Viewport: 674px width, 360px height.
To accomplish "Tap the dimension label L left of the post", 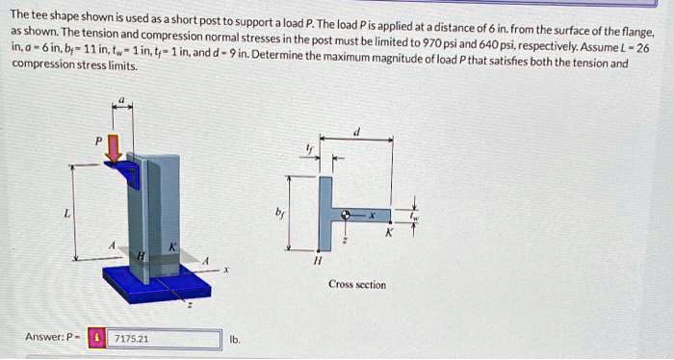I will coord(65,214).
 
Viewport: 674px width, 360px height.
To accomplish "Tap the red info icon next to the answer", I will coord(96,339).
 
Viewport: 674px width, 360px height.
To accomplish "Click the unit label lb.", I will coord(234,339).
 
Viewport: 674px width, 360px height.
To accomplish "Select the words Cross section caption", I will coord(357,285).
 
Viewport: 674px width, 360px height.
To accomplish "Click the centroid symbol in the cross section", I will coord(344,217).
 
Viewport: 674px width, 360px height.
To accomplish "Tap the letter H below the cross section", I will coord(316,259).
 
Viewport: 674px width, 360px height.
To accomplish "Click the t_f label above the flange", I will coord(308,147).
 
